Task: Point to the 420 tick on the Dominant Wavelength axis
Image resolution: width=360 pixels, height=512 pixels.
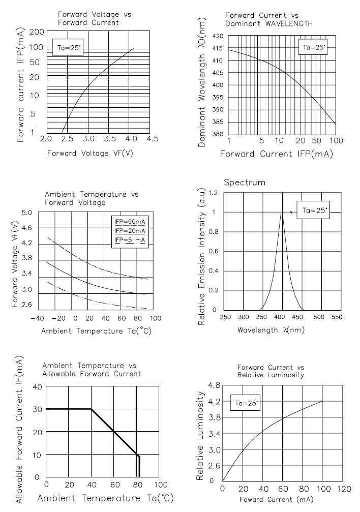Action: pyautogui.click(x=218, y=36)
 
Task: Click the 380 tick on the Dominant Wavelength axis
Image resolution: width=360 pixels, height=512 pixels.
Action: pyautogui.click(x=218, y=134)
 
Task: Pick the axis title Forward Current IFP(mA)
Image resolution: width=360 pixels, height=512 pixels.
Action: pyautogui.click(x=276, y=154)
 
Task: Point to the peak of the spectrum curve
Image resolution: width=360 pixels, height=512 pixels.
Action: pyautogui.click(x=282, y=213)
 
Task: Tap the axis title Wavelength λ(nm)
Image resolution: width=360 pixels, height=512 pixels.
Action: pyautogui.click(x=263, y=330)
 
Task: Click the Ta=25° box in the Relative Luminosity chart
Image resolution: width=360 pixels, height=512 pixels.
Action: pyautogui.click(x=247, y=403)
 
